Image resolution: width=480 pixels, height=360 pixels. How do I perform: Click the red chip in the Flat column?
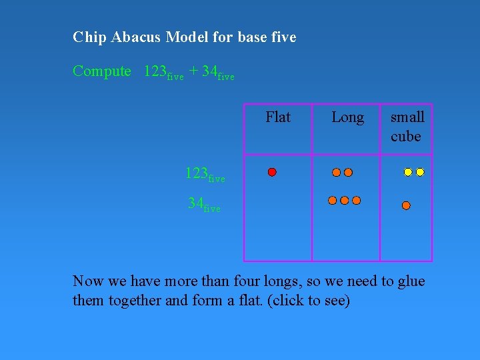(272, 172)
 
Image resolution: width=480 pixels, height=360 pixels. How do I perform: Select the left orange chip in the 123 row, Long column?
(337, 173)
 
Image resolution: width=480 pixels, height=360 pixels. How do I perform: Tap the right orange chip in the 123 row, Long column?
(348, 173)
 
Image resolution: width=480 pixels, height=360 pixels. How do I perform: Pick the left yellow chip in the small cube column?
(408, 172)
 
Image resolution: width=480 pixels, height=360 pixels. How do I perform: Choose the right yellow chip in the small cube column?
(420, 172)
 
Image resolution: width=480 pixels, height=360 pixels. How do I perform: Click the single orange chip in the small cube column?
(406, 206)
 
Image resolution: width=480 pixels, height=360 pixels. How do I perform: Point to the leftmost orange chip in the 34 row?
(333, 200)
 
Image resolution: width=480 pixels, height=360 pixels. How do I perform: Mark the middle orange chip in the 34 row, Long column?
(344, 200)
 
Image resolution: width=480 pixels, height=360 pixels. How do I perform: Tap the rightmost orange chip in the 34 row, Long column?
(356, 200)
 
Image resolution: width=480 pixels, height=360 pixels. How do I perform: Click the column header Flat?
(278, 117)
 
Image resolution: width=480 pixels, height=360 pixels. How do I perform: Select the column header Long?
(347, 117)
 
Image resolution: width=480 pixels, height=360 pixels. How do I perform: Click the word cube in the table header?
(405, 137)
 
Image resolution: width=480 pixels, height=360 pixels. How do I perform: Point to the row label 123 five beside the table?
(205, 175)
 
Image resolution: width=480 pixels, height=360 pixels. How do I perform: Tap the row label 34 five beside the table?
(204, 205)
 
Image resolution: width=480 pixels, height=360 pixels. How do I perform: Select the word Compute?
(102, 71)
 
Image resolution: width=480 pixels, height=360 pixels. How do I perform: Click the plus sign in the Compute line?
(193, 71)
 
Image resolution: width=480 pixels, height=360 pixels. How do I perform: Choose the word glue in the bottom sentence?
(411, 281)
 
